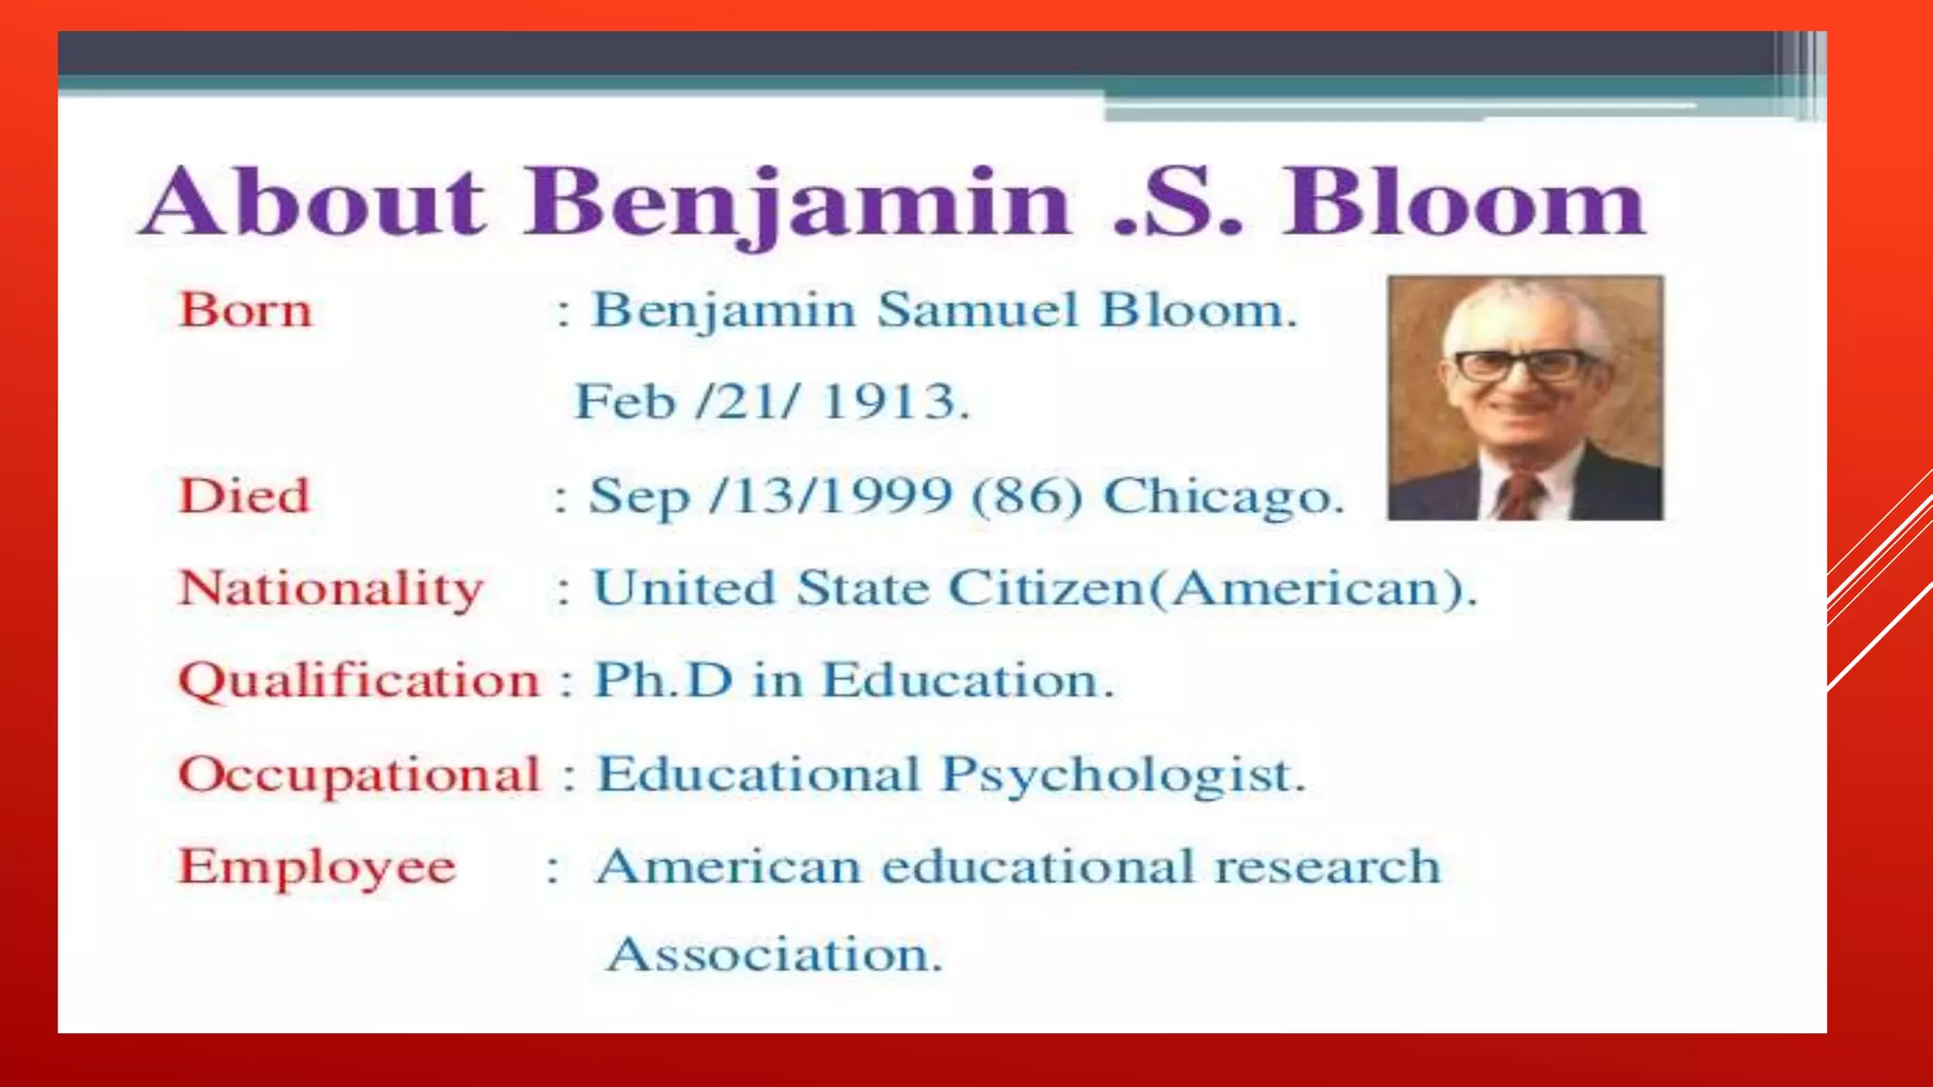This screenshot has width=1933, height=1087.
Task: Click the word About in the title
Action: pyautogui.click(x=313, y=202)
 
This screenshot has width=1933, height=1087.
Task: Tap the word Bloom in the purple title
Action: pyautogui.click(x=1463, y=202)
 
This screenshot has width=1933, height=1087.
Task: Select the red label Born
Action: pyautogui.click(x=245, y=310)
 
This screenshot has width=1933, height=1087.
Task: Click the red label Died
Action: pyautogui.click(x=244, y=496)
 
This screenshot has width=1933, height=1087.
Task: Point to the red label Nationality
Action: pyautogui.click(x=331, y=590)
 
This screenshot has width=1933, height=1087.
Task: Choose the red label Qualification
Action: pyautogui.click(x=359, y=681)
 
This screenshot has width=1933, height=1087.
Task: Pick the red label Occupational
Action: pyautogui.click(x=360, y=775)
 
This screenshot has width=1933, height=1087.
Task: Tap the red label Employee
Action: pyautogui.click(x=317, y=867)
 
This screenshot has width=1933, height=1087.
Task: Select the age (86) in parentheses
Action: pyautogui.click(x=1028, y=495)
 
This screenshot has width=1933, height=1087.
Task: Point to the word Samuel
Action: pyautogui.click(x=978, y=310)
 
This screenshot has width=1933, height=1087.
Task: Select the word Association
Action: pyautogui.click(x=774, y=955)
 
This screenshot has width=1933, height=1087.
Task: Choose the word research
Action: pyautogui.click(x=1327, y=867)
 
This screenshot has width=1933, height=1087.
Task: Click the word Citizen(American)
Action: pyautogui.click(x=1212, y=590)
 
